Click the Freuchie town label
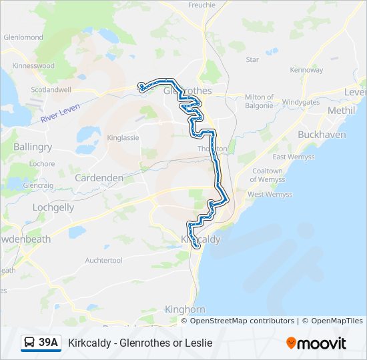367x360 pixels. (x=202, y=5)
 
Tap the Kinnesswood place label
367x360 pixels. (x=33, y=66)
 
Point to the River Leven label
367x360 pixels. (x=60, y=112)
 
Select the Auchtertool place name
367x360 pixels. (x=104, y=260)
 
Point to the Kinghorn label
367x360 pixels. (x=185, y=309)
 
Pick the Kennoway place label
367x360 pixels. (x=307, y=69)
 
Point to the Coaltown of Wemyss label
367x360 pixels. (x=267, y=175)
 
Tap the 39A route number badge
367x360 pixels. (x=41, y=343)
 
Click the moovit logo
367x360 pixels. (x=316, y=343)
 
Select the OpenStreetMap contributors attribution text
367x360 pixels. (x=242, y=321)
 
